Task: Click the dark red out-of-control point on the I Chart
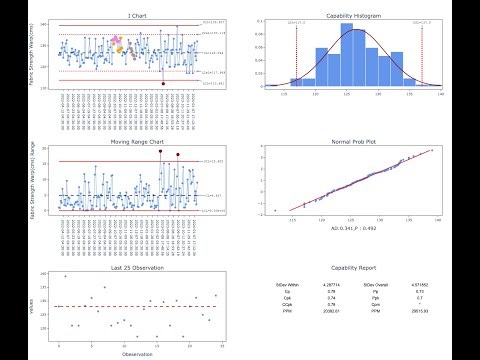coord(163,85)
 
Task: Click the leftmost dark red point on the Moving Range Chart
coord(160,151)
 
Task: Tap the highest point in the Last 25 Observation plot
coord(66,276)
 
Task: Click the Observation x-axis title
coord(137,354)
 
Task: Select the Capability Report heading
coord(357,267)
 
